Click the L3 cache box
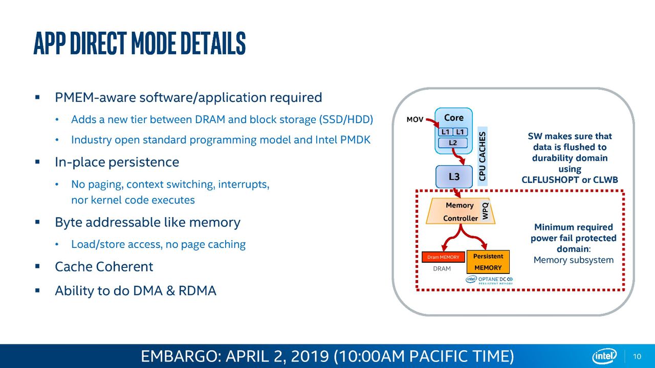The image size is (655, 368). tap(454, 177)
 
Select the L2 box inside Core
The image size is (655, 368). tap(453, 143)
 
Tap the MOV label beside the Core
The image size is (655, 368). tap(415, 120)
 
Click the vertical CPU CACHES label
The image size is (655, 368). tap(483, 156)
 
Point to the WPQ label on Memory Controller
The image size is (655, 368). tap(485, 211)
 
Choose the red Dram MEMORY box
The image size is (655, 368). tap(443, 257)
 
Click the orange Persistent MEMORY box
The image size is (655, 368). tap(488, 262)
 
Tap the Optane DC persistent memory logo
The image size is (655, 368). tap(489, 280)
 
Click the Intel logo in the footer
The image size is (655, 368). tap(604, 356)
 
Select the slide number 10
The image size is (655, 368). tap(637, 356)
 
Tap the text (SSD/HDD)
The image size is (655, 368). tap(346, 120)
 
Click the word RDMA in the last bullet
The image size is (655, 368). tap(198, 291)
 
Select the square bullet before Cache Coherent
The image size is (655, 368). tap(37, 266)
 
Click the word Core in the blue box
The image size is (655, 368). tap(454, 118)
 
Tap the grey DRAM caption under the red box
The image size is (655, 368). tap(442, 269)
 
